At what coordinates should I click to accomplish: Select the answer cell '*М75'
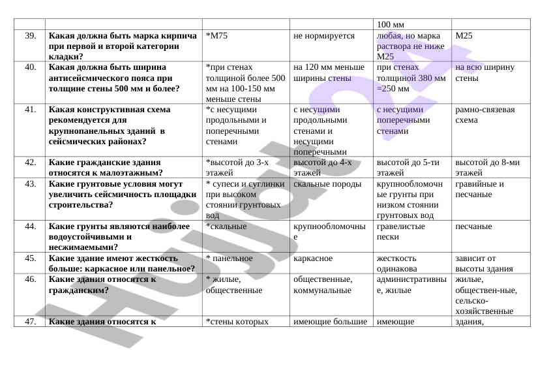click(216, 35)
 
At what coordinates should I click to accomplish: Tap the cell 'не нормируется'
click(323, 35)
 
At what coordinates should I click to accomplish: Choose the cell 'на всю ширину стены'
click(485, 72)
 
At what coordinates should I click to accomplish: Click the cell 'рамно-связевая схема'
click(485, 115)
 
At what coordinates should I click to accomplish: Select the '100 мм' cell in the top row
click(391, 24)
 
